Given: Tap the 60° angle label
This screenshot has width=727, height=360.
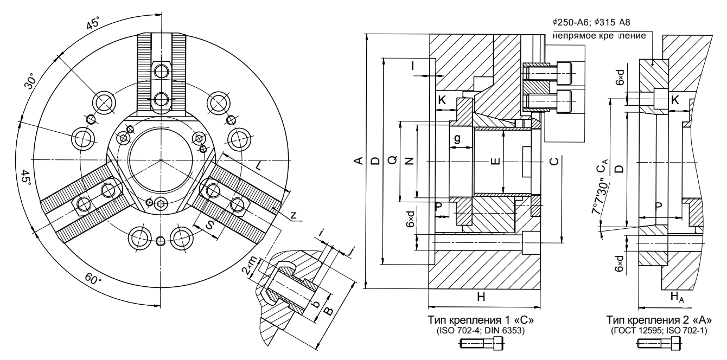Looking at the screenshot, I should [x=93, y=280].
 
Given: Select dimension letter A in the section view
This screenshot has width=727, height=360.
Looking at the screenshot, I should [x=358, y=161].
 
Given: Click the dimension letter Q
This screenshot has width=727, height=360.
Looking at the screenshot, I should [x=393, y=161].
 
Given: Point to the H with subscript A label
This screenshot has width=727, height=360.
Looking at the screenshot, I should [x=676, y=296].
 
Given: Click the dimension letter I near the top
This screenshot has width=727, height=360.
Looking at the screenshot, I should [x=413, y=66].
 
